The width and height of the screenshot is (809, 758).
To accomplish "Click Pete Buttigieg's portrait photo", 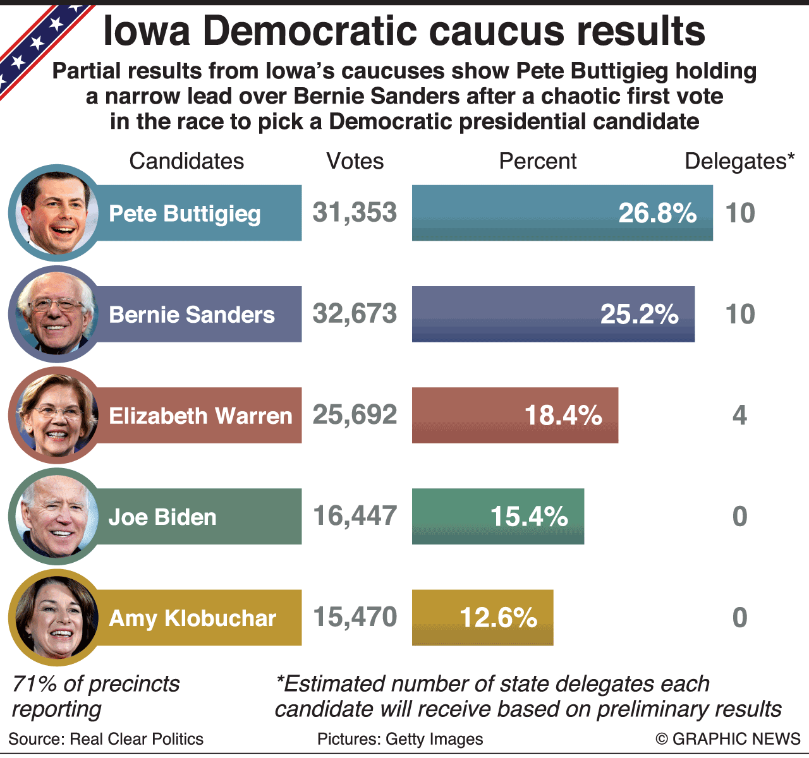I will [56, 214].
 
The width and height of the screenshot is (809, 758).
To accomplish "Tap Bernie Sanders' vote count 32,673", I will [355, 314].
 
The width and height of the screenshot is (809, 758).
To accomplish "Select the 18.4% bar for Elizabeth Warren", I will [514, 415].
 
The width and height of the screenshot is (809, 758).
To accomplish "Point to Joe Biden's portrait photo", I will [56, 517].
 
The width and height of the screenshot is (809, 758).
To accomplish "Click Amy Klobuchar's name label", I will [193, 618].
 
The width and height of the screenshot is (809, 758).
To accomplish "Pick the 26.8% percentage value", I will [657, 214].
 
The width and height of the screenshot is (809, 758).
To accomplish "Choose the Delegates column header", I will [739, 161].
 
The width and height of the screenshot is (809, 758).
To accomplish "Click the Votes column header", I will [355, 161].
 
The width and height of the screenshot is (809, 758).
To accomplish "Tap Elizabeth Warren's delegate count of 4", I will [739, 415].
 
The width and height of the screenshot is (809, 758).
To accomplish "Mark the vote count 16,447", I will [355, 516].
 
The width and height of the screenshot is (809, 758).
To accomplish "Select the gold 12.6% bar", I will [482, 618].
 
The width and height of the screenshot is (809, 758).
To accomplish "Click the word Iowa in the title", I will [147, 32].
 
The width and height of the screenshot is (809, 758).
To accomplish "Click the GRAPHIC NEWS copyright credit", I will [728, 738].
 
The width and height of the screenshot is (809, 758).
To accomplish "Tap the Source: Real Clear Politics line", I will [106, 738].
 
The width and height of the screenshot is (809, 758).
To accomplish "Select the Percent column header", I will [537, 161].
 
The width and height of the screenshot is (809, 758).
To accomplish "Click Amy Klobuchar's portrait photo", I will [56, 618].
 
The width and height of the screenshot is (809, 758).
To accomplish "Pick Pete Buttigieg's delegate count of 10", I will [739, 214].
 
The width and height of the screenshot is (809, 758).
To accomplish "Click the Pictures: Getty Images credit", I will [400, 738].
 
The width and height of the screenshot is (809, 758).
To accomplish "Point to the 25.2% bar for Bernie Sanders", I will [553, 314].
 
